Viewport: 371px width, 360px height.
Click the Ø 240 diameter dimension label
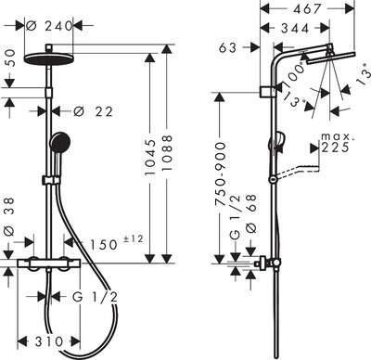(x=49, y=26)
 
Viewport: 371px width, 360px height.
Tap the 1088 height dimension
(x=167, y=152)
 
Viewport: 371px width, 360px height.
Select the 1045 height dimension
(x=150, y=158)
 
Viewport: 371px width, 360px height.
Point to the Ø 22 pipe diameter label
(x=94, y=111)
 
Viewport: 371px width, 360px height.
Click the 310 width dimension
(x=49, y=341)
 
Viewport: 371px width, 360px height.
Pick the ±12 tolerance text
(x=134, y=238)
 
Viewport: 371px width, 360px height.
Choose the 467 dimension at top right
(x=308, y=8)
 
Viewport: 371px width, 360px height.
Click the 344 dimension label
(x=295, y=29)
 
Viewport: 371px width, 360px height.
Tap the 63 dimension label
(x=228, y=47)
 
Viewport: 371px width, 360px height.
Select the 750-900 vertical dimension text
(x=221, y=174)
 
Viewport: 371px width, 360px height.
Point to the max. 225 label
(x=336, y=143)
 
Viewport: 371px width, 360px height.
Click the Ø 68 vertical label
(x=251, y=213)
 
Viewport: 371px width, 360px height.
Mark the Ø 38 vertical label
(x=9, y=217)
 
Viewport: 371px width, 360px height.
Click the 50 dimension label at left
(x=9, y=58)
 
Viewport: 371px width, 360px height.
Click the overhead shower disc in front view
(x=49, y=58)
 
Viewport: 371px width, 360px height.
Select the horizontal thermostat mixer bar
(x=49, y=264)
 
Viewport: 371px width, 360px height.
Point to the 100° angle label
(x=293, y=75)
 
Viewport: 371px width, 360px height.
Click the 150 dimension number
(x=104, y=245)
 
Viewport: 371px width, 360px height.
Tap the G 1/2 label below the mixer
(x=95, y=298)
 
